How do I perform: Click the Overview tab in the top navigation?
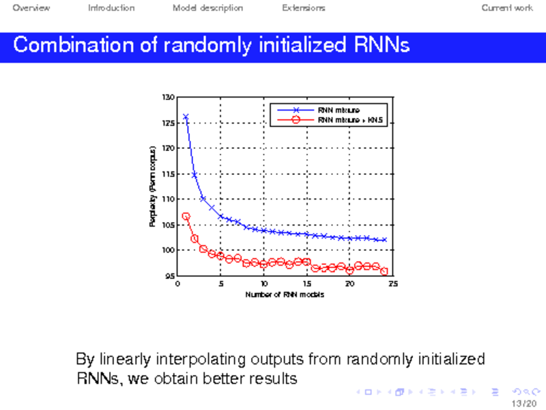tap(31, 8)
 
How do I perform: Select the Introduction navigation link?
tap(111, 8)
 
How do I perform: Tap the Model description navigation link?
tap(207, 8)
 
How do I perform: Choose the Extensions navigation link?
tap(303, 8)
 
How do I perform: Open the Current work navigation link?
tap(507, 8)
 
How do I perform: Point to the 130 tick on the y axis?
tap(167, 97)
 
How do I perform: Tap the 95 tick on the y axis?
tap(169, 276)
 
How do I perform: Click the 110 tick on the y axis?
tap(167, 199)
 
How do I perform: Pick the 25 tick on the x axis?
tap(392, 284)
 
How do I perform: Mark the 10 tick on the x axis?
tap(263, 284)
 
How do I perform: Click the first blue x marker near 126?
tap(186, 117)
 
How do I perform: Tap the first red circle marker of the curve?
tap(186, 217)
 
